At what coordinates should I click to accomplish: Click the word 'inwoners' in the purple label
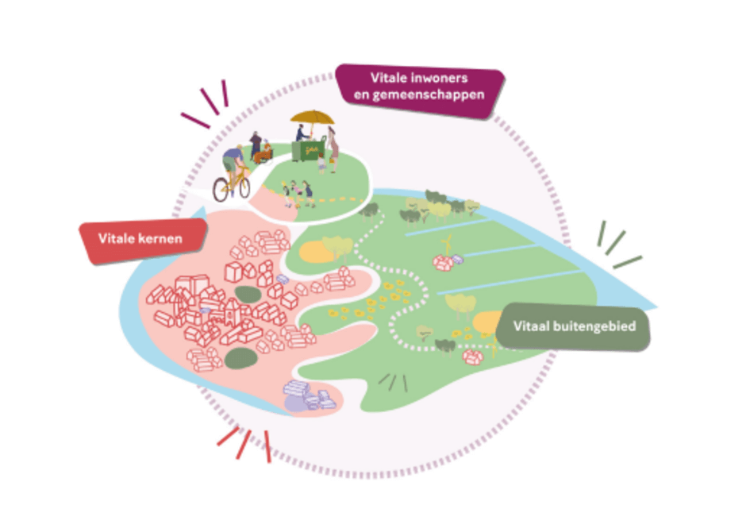tap(445, 78)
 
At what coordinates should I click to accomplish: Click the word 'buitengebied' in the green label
tap(592, 326)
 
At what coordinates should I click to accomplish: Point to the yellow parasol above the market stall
tap(312, 118)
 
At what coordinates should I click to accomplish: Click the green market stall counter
tap(310, 150)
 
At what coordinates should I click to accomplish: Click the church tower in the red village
tap(231, 310)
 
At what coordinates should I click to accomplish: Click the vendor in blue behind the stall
tap(302, 133)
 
